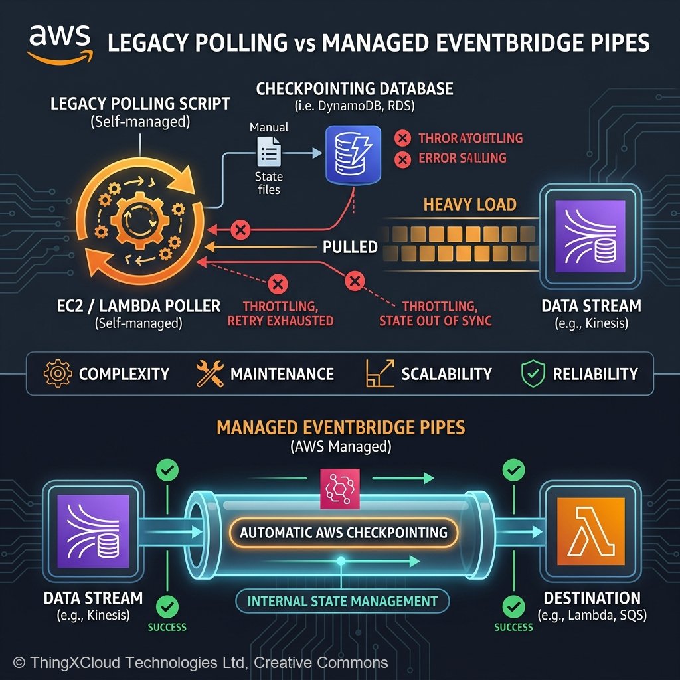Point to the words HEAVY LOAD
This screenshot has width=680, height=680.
click(469, 204)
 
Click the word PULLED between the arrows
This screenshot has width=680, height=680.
click(350, 247)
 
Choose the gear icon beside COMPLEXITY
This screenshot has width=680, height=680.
click(56, 373)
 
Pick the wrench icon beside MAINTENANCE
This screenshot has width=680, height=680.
click(210, 373)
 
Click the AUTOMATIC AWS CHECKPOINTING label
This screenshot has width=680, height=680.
click(343, 532)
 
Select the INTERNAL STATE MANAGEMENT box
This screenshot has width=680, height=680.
click(343, 601)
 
